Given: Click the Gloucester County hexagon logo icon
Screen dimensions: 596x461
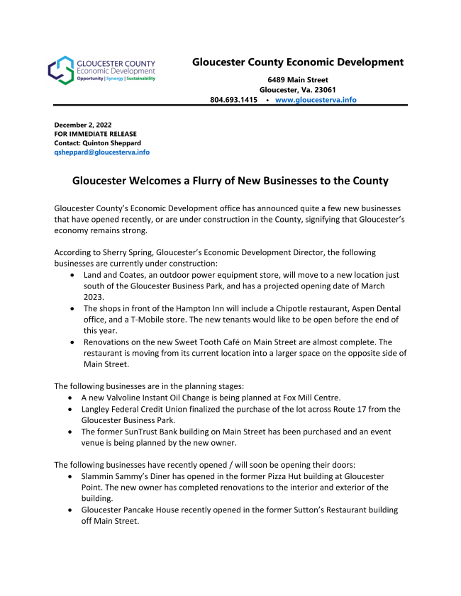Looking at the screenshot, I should tap(61, 71).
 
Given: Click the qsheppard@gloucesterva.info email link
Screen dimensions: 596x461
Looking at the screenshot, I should tap(101, 152).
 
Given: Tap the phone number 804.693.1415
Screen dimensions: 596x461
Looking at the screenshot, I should tap(233, 100).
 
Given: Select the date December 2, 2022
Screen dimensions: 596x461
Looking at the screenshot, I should tap(83, 124).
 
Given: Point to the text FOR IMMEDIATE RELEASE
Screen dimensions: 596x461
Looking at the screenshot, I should tap(96, 133).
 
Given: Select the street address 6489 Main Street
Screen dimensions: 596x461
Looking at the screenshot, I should tap(298, 79).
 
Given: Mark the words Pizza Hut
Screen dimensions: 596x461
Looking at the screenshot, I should tap(294, 476).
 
